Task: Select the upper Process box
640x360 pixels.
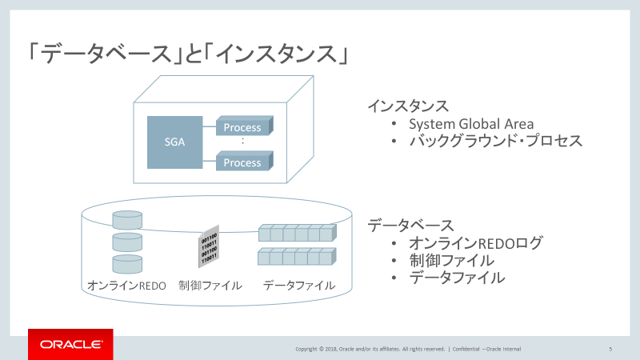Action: tap(242, 127)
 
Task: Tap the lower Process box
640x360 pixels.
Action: tap(242, 162)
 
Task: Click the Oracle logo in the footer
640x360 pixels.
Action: tap(70, 345)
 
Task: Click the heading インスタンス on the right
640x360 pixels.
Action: tap(407, 106)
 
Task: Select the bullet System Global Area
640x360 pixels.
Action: tap(471, 124)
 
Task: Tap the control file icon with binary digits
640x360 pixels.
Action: tap(208, 248)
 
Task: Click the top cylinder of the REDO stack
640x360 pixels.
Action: tap(127, 221)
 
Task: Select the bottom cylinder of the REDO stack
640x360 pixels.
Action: tap(127, 264)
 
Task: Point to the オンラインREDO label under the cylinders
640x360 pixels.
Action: tap(126, 286)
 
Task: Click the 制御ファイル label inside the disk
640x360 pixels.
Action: tap(210, 286)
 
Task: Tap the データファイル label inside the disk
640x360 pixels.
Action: tap(299, 286)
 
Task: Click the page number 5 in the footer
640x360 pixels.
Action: tap(610, 349)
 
